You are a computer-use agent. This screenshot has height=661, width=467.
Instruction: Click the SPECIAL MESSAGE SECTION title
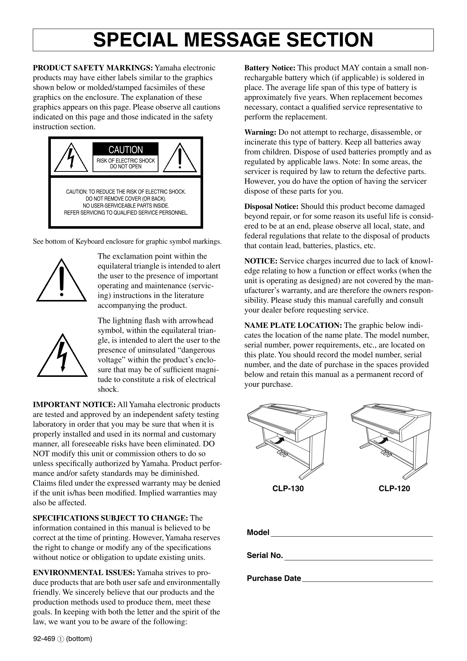pyautogui.click(x=233, y=40)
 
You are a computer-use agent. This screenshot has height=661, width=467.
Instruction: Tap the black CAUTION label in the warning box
pyautogui.click(x=126, y=150)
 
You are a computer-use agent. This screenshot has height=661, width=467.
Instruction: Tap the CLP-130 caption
pyautogui.click(x=288, y=489)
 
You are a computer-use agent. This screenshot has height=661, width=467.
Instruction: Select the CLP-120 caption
pyautogui.click(x=394, y=489)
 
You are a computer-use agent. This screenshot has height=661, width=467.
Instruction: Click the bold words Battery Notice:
pyautogui.click(x=270, y=68)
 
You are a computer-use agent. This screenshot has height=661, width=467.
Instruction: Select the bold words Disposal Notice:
pyautogui.click(x=271, y=207)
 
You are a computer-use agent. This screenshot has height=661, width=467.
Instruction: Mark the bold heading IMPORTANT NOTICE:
pyautogui.click(x=74, y=405)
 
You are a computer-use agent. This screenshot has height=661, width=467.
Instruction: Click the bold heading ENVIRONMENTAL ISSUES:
pyautogui.click(x=84, y=573)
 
